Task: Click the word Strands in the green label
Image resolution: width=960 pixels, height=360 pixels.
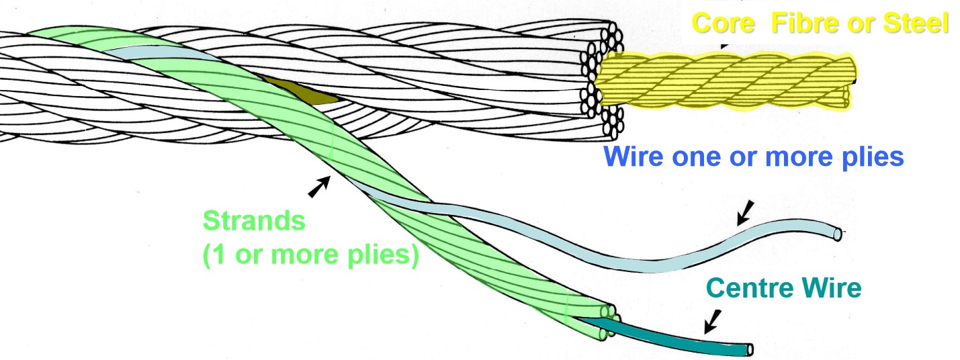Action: coord(254,221)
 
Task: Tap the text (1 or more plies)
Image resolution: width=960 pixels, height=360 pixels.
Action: coord(310,256)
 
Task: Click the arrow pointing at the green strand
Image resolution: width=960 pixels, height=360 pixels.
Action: coord(319,187)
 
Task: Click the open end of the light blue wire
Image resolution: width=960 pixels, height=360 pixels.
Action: coord(836,234)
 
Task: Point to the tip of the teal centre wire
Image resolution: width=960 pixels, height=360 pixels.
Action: coord(749,349)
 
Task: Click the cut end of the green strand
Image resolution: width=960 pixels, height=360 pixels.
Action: coord(609,316)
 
